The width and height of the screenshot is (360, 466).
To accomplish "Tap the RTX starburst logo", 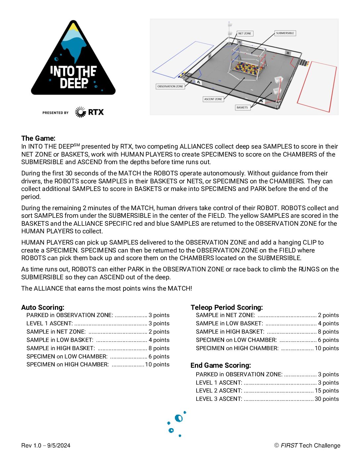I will [x=80, y=112].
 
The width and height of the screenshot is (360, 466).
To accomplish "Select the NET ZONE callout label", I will [x=245, y=33].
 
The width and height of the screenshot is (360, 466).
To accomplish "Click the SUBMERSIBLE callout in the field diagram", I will [x=285, y=33].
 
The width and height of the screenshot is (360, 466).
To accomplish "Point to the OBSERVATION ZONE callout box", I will [x=170, y=86].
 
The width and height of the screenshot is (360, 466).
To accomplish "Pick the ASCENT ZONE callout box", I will [x=213, y=99].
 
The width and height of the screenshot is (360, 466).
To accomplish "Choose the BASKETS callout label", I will [x=242, y=108].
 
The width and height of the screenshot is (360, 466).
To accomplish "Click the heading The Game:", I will [x=38, y=138].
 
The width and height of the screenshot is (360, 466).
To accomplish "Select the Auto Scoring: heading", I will [x=43, y=307].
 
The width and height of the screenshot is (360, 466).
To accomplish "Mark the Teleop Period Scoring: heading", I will [x=227, y=307].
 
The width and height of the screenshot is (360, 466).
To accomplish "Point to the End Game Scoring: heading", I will [x=221, y=365].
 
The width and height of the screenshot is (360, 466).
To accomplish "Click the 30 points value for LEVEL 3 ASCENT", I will [x=327, y=399].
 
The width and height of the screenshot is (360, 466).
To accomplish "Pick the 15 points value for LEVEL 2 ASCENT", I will [x=327, y=391].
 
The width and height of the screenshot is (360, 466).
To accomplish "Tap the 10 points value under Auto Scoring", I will [x=157, y=364].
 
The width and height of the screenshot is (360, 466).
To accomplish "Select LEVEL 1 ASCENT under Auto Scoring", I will [x=50, y=323].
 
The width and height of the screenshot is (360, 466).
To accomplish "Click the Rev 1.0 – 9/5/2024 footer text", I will [x=46, y=445].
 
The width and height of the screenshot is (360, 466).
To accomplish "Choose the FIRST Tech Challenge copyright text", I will [x=307, y=445].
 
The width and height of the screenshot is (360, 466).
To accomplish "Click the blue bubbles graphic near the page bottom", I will [x=176, y=424].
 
